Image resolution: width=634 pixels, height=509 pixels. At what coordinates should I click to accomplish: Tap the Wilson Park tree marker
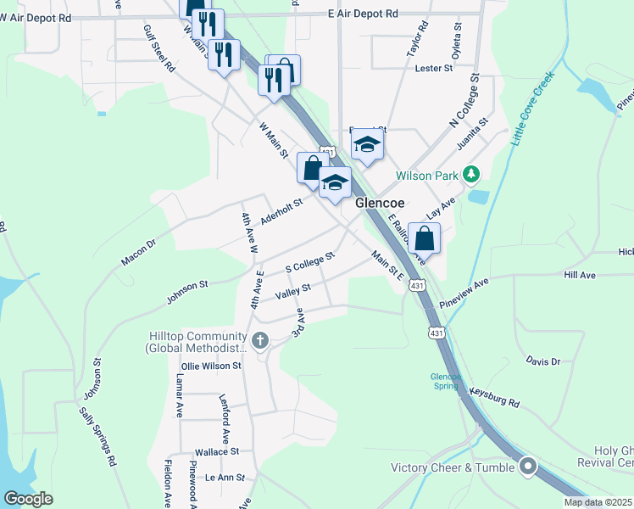tap(472, 176)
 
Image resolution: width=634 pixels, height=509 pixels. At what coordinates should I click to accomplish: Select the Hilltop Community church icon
tap(259, 341)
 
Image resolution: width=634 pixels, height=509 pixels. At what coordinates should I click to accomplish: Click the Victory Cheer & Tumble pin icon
tap(528, 467)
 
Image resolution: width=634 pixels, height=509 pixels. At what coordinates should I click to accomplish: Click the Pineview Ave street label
tap(464, 293)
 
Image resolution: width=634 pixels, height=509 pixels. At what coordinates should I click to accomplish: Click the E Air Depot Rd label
tap(362, 14)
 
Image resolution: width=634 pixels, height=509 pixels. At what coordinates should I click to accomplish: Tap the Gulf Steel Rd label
tap(158, 48)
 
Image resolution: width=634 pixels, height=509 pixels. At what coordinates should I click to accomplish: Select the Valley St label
tap(294, 293)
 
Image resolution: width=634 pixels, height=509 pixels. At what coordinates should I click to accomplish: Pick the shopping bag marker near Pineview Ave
tap(424, 238)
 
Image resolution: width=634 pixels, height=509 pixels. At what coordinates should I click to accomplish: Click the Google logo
tap(28, 499)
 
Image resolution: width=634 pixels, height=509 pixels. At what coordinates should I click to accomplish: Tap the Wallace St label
tap(217, 452)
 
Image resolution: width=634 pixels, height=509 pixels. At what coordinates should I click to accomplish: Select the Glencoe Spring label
tap(445, 381)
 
